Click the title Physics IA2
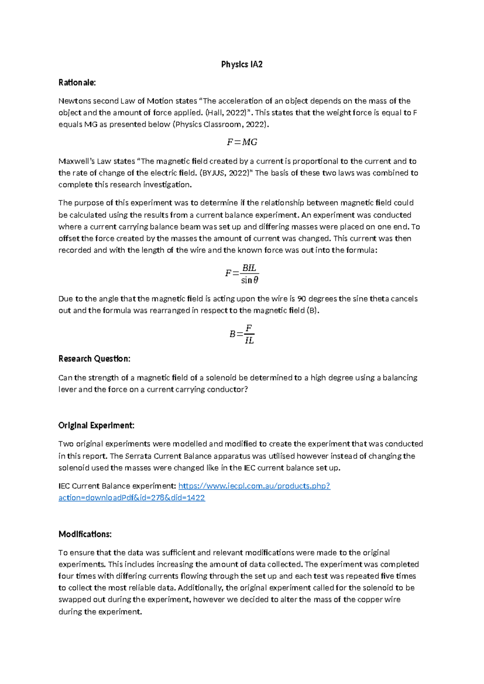pos(242,65)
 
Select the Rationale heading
pos(77,83)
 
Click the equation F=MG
pos(242,142)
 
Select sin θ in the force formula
pos(250,280)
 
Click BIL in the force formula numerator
pos(249,268)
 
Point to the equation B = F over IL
pos(242,334)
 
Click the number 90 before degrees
pos(301,299)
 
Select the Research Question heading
pos(94,359)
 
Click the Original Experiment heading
pos(96,425)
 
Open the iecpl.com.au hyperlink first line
pos(254,486)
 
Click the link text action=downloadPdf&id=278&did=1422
pos(131,498)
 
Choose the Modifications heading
pos(85,534)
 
